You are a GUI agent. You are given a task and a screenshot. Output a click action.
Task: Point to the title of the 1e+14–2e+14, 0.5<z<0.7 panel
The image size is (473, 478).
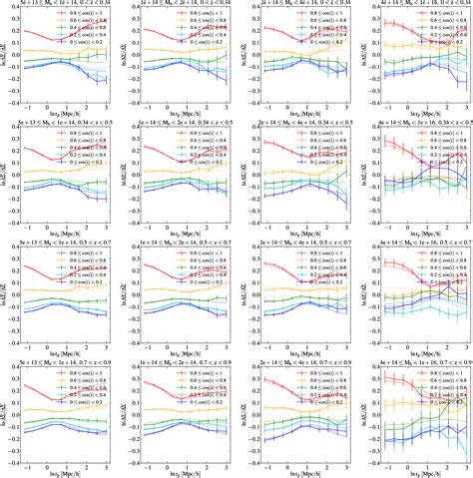[184, 242]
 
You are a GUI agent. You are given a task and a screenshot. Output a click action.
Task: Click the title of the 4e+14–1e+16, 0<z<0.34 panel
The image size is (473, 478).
[414, 5]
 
